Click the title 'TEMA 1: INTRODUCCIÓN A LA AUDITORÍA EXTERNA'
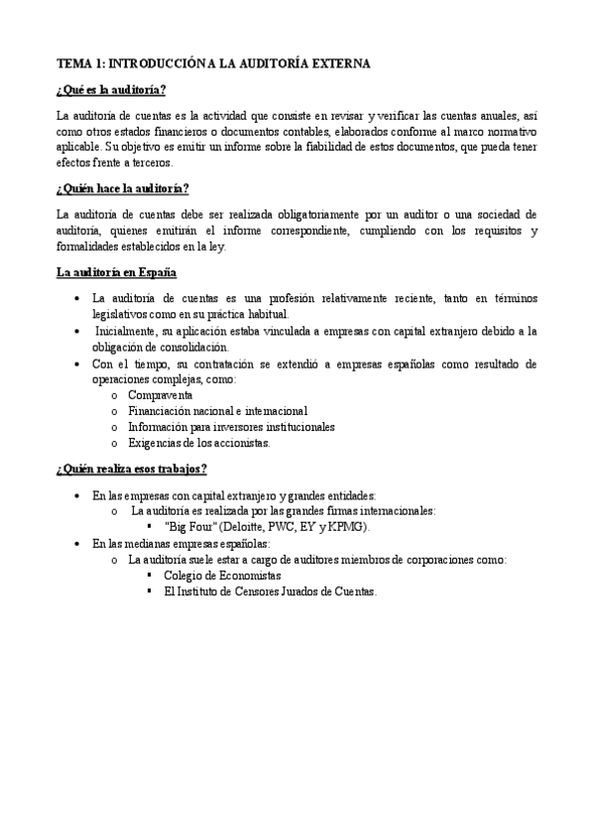pos(213,63)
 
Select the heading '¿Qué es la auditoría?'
pos(111,90)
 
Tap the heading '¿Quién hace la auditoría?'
pos(123,188)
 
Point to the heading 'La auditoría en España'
pos(117,271)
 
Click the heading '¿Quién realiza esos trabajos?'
pos(132,469)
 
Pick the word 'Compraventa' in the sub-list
pos(161,395)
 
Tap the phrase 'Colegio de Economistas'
pos(222,575)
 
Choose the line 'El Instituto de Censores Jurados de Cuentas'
pos(271,590)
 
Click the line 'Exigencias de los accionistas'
pos(199,443)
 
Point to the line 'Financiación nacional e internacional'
pos(218,411)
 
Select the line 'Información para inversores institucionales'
pos(231,427)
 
